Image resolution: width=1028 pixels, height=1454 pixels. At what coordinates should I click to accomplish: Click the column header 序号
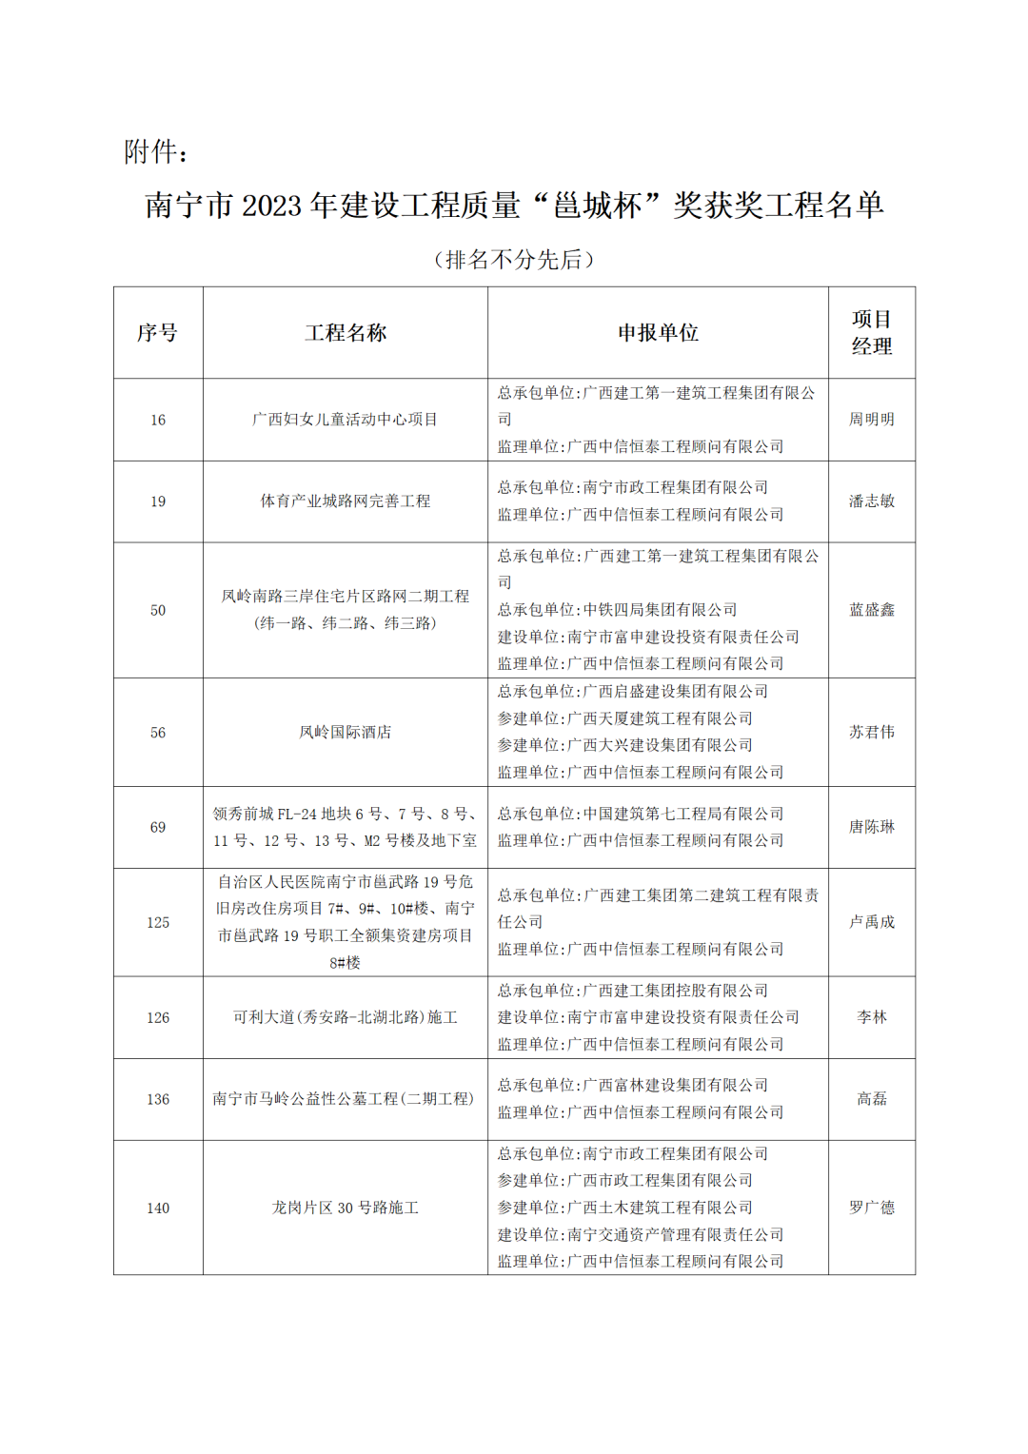tap(157, 333)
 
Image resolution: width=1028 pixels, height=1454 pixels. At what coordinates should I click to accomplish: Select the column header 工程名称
tap(346, 333)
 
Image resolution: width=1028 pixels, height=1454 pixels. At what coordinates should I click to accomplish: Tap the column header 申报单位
tap(658, 333)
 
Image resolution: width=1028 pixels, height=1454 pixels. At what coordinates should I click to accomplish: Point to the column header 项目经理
tap(871, 333)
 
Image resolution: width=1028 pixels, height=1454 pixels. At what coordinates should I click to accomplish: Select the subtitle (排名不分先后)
tap(514, 260)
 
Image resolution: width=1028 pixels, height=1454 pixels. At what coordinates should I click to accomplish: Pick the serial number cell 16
tap(158, 420)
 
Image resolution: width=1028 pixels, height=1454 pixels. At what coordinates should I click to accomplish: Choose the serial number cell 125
tap(158, 922)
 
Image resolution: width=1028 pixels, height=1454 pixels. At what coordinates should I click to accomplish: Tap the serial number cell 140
tap(158, 1208)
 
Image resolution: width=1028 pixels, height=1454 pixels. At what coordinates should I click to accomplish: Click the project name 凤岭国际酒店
tap(346, 732)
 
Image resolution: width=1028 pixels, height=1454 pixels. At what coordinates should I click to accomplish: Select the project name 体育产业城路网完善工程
tap(346, 501)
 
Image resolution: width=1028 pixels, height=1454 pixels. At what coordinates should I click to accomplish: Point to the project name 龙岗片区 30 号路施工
tap(346, 1208)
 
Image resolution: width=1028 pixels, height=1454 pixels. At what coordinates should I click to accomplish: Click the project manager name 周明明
tap(871, 420)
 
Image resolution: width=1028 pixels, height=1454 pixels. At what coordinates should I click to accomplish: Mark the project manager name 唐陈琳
tap(871, 827)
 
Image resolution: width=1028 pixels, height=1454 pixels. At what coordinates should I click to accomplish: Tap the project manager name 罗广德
tap(871, 1208)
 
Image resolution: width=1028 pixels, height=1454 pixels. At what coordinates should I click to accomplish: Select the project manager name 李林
tap(871, 1017)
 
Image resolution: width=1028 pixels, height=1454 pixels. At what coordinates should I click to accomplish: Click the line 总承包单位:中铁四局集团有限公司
tap(617, 609)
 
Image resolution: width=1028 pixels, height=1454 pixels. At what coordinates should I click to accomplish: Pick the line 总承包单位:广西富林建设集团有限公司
tap(632, 1085)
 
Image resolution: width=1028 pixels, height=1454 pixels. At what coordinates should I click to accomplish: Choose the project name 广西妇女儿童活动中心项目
tap(346, 420)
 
